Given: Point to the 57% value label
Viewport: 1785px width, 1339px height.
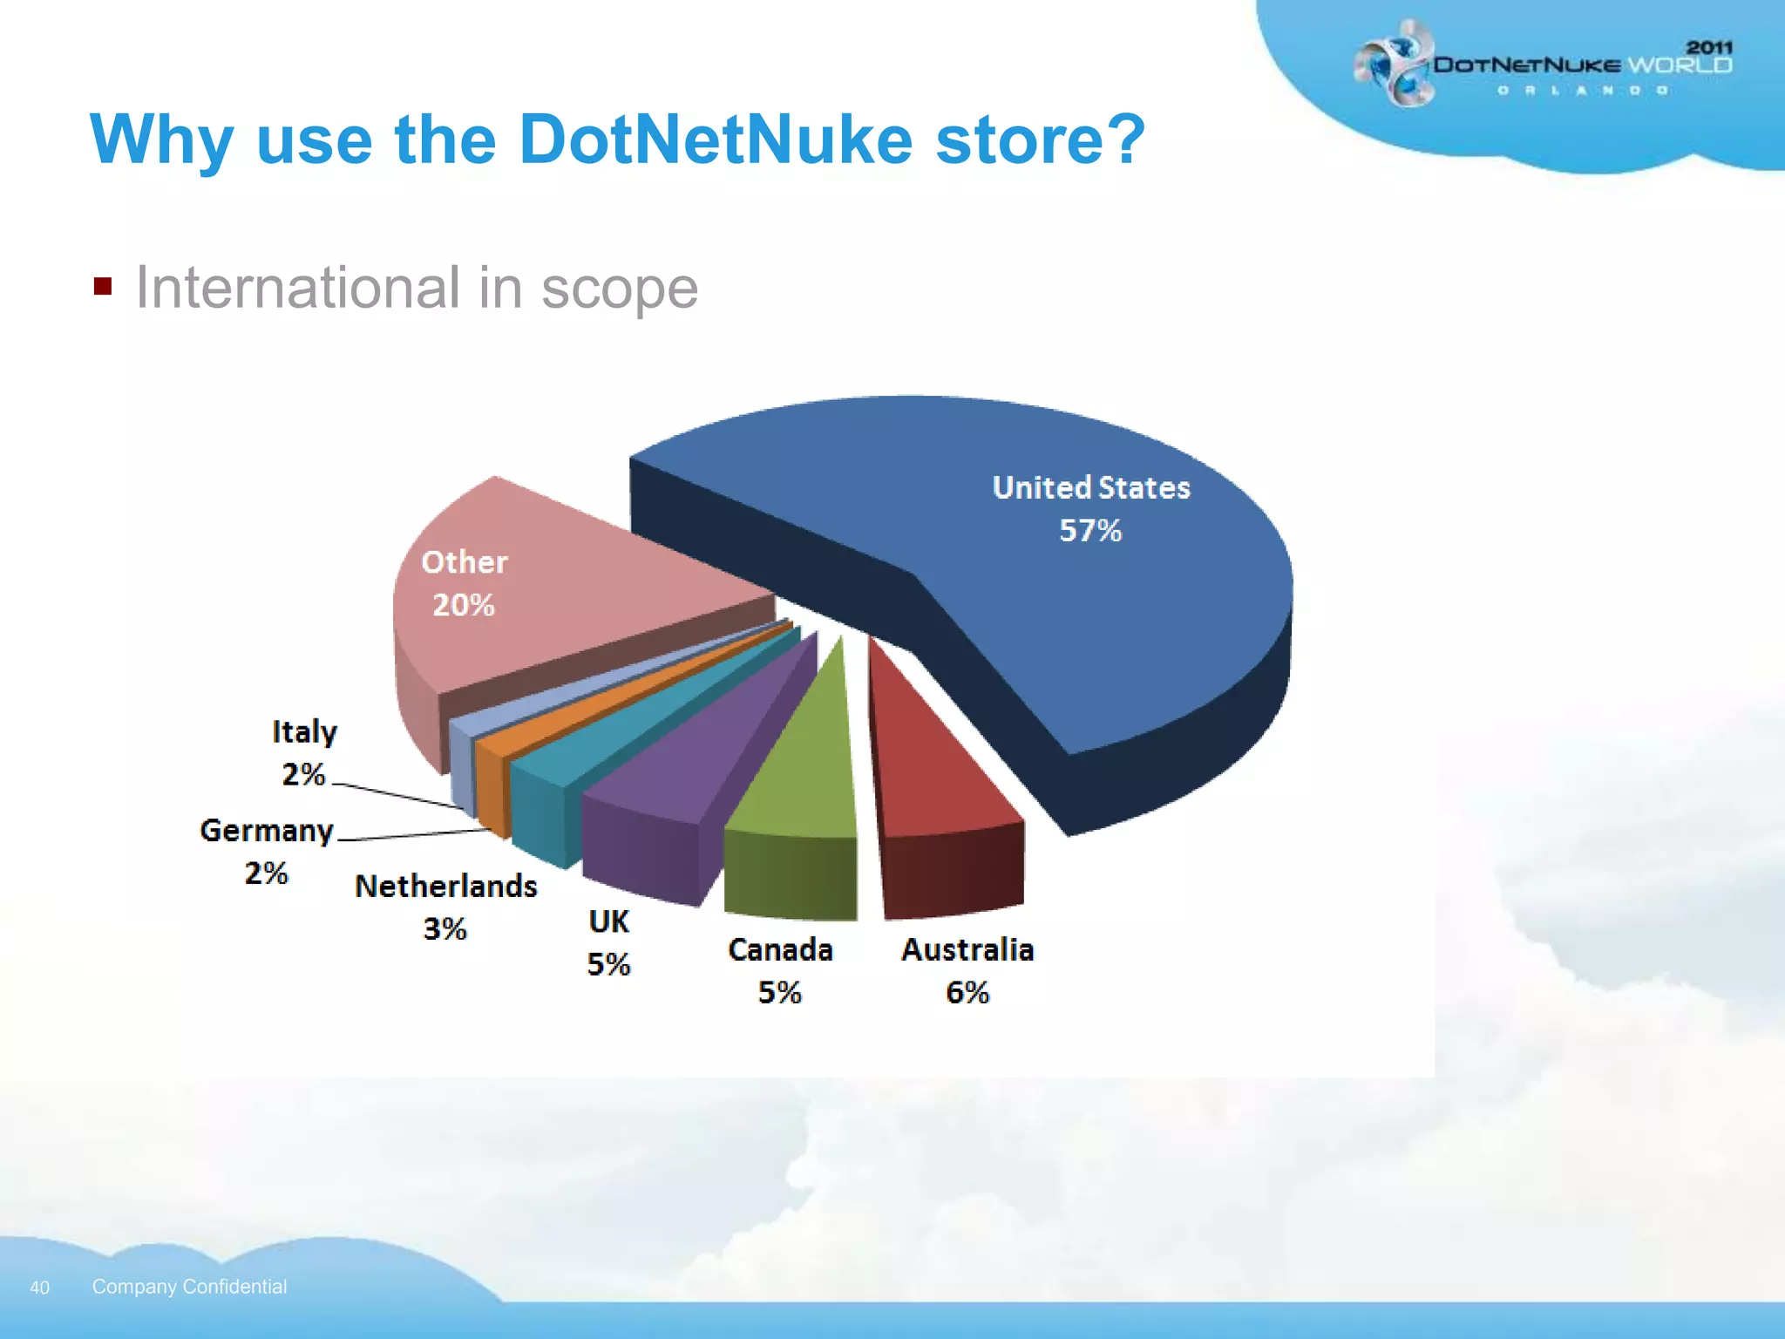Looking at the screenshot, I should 1090,530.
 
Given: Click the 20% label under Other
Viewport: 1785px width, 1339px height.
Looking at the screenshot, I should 464,605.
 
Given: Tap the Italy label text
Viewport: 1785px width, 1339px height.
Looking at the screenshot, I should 304,731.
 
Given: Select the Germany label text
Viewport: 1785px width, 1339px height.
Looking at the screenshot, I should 267,831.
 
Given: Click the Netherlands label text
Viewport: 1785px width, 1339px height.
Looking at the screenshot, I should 446,887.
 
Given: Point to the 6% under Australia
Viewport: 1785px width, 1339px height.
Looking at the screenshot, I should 967,992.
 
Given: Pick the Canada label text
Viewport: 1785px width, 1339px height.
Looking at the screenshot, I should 780,949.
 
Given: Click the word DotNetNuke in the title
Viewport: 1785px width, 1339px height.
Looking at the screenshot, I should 716,139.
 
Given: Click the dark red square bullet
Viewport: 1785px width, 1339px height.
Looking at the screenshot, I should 103,287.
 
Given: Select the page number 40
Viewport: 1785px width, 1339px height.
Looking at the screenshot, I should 39,1288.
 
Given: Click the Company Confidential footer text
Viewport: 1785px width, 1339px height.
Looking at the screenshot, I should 189,1287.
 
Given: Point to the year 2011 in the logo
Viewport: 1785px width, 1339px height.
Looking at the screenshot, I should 1709,47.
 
